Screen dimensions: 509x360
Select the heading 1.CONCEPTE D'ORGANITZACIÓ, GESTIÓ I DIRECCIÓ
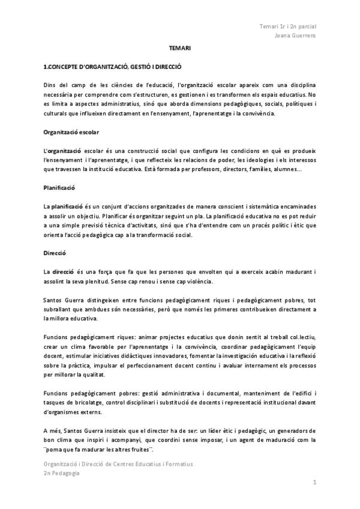pyautogui.click(x=112, y=68)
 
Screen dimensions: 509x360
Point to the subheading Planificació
pyautogui.click(x=59, y=187)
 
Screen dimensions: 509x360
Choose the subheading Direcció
pyautogui.click(x=55, y=253)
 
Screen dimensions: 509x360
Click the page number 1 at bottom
pyautogui.click(x=314, y=483)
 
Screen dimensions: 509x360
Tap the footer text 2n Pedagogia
pyautogui.click(x=61, y=472)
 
